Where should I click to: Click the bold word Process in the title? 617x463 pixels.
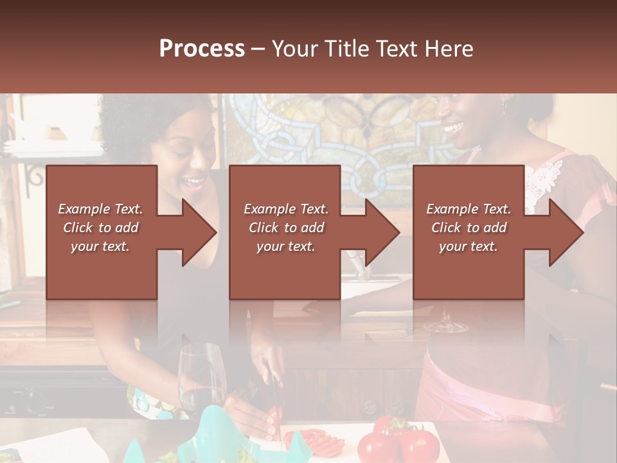tap(202, 48)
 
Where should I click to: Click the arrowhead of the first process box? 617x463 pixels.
tap(199, 232)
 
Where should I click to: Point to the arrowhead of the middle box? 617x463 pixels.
tap(382, 232)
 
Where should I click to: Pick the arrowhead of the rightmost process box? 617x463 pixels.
tap(566, 232)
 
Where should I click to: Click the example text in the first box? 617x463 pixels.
tap(100, 227)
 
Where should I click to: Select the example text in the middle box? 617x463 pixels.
tap(286, 227)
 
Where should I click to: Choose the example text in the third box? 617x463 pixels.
tap(469, 227)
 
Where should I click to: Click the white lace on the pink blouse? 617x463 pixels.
tap(543, 180)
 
